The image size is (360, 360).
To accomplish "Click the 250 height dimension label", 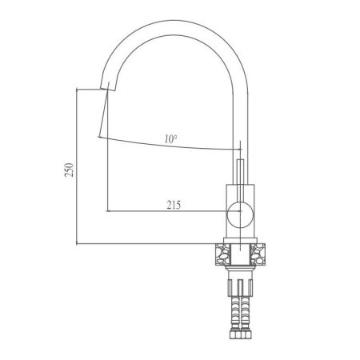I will tap(70, 170).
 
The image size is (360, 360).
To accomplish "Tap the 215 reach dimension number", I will tap(174, 205).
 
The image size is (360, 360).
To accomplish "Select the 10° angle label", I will tap(170, 138).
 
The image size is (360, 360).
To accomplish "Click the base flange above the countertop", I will tap(239, 241).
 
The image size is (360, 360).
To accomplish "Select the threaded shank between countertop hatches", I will tap(240, 255).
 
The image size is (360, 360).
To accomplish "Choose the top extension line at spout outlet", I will tap(90, 89).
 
